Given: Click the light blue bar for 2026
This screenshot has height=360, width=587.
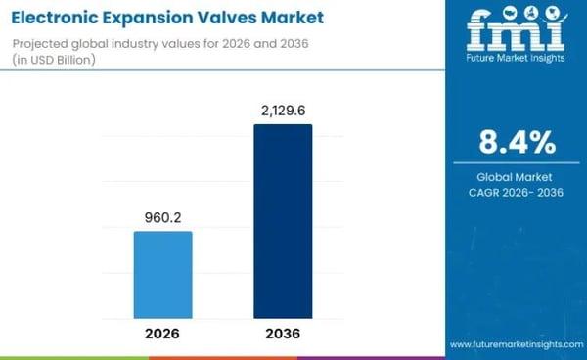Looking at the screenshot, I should [162, 275].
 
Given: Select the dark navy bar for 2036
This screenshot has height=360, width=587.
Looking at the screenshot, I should [283, 221].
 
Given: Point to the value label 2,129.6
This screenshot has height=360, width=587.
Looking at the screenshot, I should [283, 110].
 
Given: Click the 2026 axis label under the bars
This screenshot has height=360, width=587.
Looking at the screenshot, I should [162, 334].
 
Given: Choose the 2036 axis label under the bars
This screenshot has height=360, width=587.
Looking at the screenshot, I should [283, 334].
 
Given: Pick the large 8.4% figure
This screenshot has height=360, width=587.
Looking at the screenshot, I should [516, 144].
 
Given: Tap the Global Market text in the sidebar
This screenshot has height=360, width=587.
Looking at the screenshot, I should [516, 176].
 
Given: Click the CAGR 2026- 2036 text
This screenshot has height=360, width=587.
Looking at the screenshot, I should [516, 192].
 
